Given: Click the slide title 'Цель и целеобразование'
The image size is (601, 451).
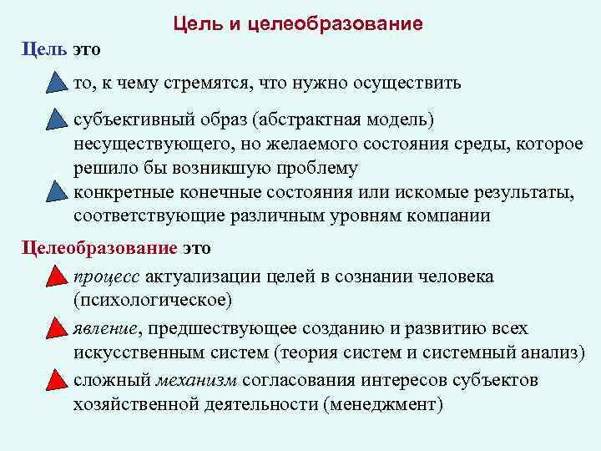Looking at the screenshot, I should [x=298, y=23].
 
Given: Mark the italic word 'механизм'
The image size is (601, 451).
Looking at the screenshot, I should [x=198, y=381].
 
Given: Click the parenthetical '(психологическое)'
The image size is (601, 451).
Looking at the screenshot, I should [x=153, y=298].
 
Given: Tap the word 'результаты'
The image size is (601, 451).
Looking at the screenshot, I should [x=521, y=194].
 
